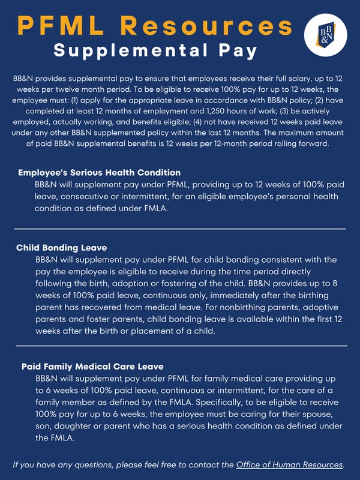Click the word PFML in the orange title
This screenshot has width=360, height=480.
(x=56, y=25)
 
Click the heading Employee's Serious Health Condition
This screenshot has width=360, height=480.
(x=99, y=172)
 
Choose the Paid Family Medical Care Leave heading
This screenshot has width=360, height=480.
(x=92, y=365)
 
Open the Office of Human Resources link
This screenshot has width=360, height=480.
(x=290, y=464)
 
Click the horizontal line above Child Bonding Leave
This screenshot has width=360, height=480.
(x=180, y=229)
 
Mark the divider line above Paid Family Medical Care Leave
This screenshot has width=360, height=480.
(x=180, y=346)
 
